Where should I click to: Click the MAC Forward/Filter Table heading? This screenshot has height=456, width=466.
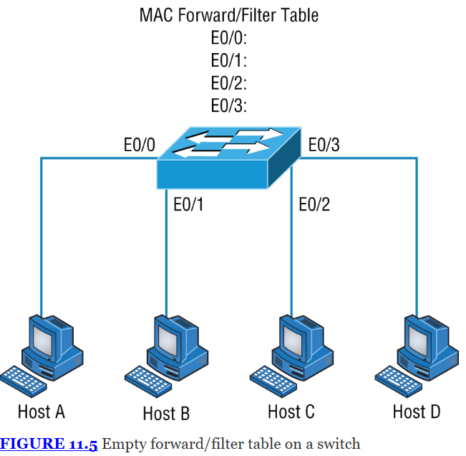point(229,14)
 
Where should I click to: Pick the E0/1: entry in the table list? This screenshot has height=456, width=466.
point(229,60)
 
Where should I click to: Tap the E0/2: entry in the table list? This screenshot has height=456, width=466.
point(229,82)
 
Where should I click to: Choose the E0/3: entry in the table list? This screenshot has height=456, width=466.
point(229,105)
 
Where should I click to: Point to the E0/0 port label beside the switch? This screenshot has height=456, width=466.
point(139,145)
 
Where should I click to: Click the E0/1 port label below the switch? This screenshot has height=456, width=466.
point(188,204)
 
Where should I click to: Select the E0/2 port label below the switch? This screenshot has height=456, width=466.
point(314,204)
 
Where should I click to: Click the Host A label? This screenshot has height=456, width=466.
point(42,412)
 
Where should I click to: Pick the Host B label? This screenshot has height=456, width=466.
point(166,414)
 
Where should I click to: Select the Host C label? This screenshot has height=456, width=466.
point(291,412)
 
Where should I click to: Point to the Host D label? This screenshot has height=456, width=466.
point(417,412)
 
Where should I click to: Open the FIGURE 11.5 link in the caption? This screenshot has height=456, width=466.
point(49,444)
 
